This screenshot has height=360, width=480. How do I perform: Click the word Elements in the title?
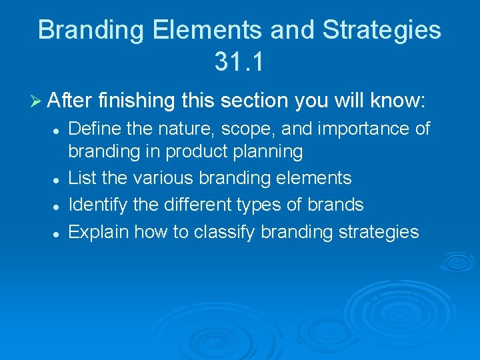click(x=191, y=31)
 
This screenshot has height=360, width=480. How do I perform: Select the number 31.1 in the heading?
click(x=239, y=62)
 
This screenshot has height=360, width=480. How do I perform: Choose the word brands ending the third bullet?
click(x=335, y=205)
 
